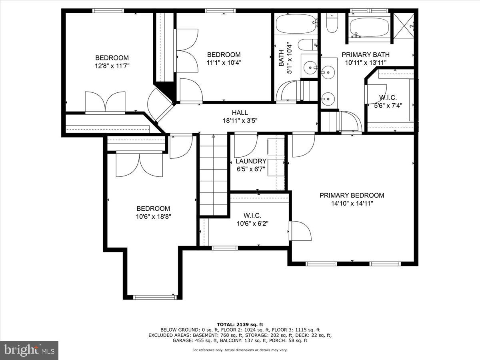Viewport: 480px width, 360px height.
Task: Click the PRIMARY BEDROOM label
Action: (352, 195)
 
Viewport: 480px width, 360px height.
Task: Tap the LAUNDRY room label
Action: (251, 161)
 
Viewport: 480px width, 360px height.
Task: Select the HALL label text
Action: (240, 113)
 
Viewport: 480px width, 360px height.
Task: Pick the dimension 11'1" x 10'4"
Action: (224, 62)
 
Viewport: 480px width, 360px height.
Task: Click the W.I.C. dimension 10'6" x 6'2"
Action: (252, 224)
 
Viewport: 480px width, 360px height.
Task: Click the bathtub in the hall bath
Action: (296, 24)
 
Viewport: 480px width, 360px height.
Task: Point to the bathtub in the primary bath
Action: (369, 27)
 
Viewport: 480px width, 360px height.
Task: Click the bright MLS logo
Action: (29, 350)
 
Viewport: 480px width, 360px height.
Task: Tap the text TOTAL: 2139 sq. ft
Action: (240, 324)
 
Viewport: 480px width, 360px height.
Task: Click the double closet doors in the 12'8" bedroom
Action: (105, 102)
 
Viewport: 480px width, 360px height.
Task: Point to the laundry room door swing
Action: (244, 146)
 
